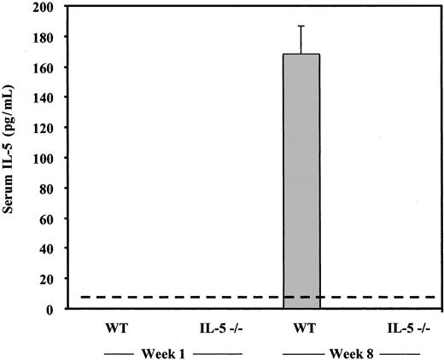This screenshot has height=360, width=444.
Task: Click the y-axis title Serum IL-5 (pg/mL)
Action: click(10, 158)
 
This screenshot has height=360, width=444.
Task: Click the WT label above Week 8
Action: click(301, 328)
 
